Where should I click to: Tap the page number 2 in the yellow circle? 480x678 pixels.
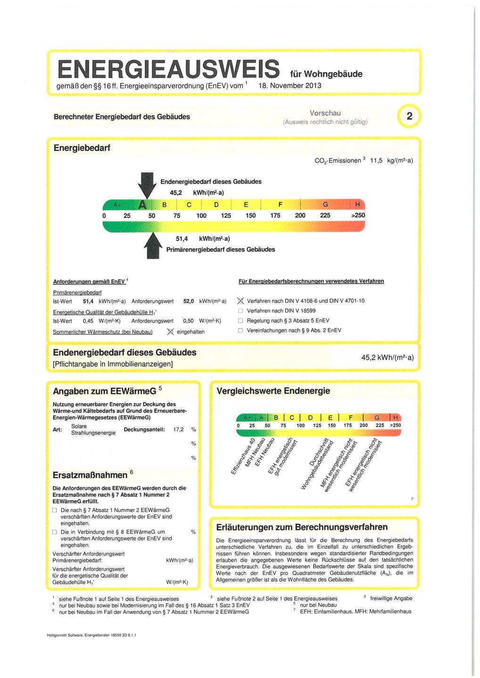pyautogui.click(x=409, y=116)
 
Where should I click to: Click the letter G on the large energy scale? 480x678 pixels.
pyautogui.click(x=325, y=205)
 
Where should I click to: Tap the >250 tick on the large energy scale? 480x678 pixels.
pyautogui.click(x=356, y=215)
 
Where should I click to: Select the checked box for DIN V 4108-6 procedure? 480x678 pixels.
pyautogui.click(x=240, y=301)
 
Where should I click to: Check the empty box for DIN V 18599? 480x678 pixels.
pyautogui.click(x=240, y=311)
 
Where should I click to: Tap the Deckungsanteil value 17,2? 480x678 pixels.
pyautogui.click(x=179, y=429)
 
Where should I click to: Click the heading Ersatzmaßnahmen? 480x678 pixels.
pyautogui.click(x=90, y=475)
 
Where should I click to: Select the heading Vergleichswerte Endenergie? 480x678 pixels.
pyautogui.click(x=273, y=391)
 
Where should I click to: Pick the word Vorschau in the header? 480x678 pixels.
pyautogui.click(x=325, y=113)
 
